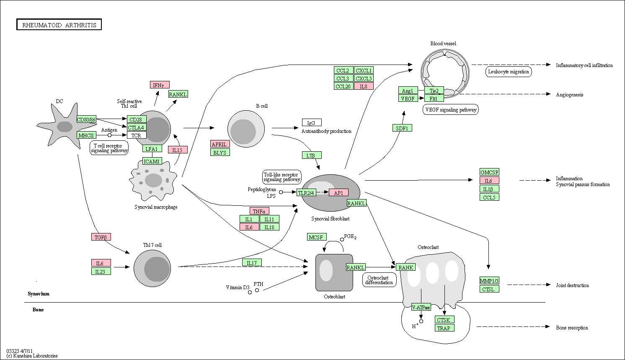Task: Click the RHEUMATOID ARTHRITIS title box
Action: pyautogui.click(x=59, y=25)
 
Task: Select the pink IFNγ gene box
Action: pyautogui.click(x=160, y=85)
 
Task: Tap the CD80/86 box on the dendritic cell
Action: pyautogui.click(x=86, y=119)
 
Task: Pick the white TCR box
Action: pyautogui.click(x=137, y=135)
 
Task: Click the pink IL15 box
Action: pyautogui.click(x=178, y=150)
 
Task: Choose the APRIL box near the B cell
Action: pyautogui.click(x=220, y=144)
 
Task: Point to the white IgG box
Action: pyautogui.click(x=312, y=122)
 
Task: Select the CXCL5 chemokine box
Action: pyautogui.click(x=364, y=78)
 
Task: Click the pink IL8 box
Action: pyautogui.click(x=364, y=86)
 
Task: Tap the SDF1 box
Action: pyautogui.click(x=402, y=128)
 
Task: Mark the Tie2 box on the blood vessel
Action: pyautogui.click(x=434, y=91)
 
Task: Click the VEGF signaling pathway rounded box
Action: pyautogui.click(x=451, y=110)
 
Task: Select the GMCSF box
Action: pyautogui.click(x=489, y=172)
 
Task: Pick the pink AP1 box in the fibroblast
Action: pyautogui.click(x=339, y=192)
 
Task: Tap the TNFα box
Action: pyautogui.click(x=259, y=211)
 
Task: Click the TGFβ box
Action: pyautogui.click(x=101, y=237)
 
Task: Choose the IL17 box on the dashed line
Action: pyautogui.click(x=252, y=263)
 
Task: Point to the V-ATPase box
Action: pyautogui.click(x=421, y=307)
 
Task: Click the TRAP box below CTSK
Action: pyautogui.click(x=444, y=328)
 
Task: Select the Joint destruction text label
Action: pyautogui.click(x=573, y=285)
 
